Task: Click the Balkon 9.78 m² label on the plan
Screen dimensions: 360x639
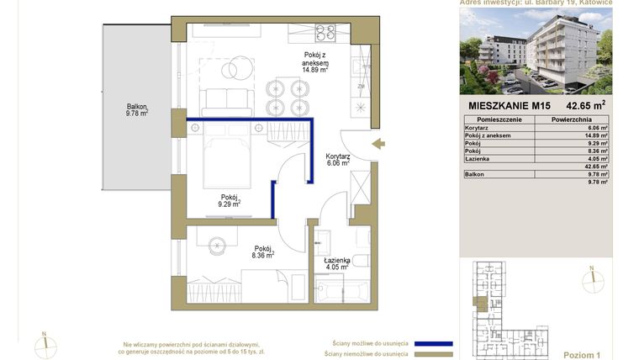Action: click(137, 110)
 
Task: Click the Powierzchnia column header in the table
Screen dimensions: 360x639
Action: click(573, 120)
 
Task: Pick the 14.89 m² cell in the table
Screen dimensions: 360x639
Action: click(596, 135)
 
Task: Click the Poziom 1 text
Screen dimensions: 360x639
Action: click(583, 355)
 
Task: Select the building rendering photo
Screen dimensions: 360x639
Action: click(536, 50)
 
